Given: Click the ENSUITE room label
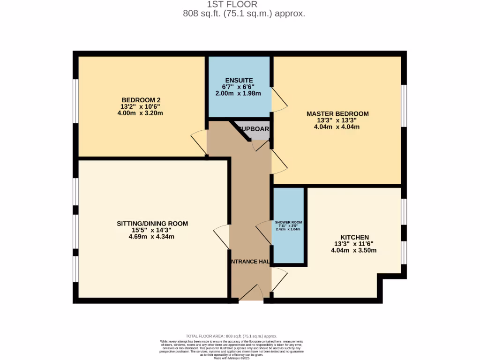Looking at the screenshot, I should pos(239,81).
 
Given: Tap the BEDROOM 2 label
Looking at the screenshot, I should pos(141,100).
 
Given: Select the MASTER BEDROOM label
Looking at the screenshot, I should pos(337,114).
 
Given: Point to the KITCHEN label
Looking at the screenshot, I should pos(355,237).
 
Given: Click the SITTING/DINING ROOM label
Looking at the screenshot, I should pos(152,224).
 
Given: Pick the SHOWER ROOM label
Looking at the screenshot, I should pos(288,222).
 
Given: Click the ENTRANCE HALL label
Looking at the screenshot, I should pos(250,262).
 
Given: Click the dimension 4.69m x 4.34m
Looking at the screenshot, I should pos(152,237).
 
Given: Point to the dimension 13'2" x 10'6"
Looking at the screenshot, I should pos(141,106).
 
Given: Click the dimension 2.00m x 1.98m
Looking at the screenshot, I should pos(239,94).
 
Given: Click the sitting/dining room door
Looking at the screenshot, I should pos(222,234).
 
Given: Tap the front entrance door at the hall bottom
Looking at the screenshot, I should pos(251,293).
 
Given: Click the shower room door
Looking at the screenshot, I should pos(264,233).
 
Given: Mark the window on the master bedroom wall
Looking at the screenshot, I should pos(404,105).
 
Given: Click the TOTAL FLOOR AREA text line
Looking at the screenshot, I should pos(232,336).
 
